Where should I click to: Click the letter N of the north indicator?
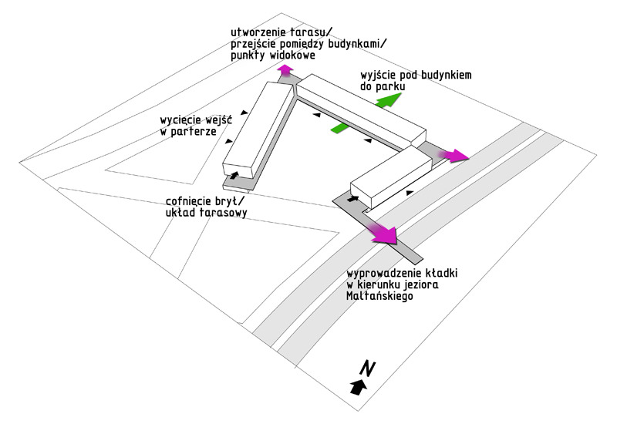(x=368, y=369)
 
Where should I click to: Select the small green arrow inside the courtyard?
(x=340, y=127)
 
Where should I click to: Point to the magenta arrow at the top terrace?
(x=285, y=71)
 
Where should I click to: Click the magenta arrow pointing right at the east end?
(x=455, y=156)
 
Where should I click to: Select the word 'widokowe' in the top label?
(x=295, y=56)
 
